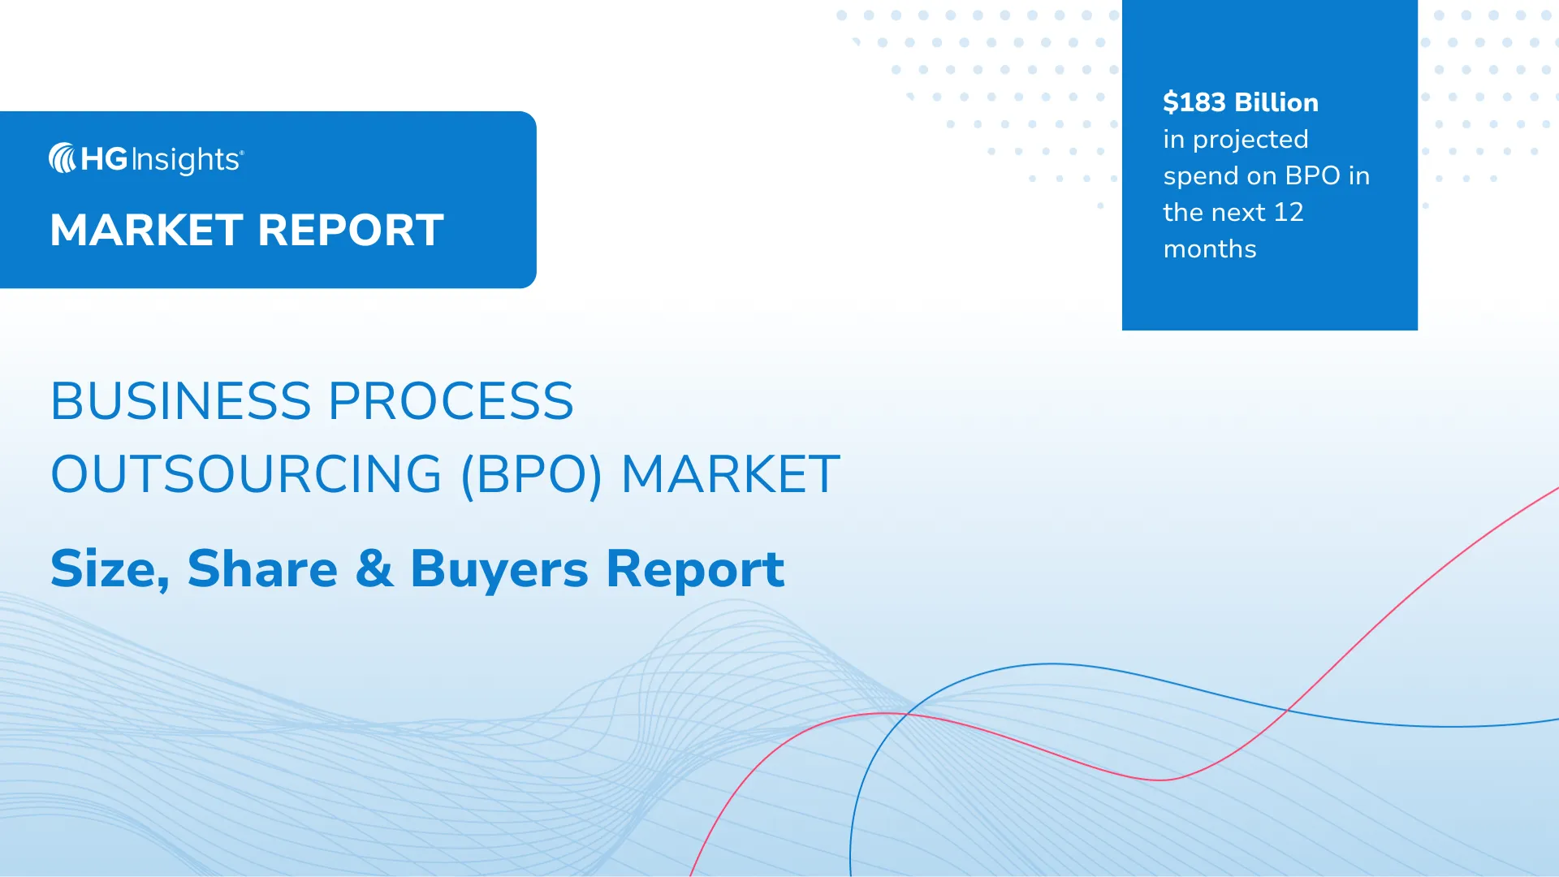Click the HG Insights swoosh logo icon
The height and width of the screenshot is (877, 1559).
click(63, 158)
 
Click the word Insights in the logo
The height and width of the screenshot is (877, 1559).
click(187, 160)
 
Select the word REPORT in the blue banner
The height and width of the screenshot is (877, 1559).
click(351, 230)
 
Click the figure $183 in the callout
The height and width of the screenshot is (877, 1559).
click(1194, 102)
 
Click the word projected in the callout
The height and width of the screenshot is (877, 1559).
click(1250, 140)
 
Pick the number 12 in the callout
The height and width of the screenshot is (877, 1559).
click(1289, 212)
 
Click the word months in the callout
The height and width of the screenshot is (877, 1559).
click(1210, 248)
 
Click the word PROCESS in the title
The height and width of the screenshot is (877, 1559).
click(451, 401)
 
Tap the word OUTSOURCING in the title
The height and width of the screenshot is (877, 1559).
click(247, 474)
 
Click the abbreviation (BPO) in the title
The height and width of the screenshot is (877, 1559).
click(532, 475)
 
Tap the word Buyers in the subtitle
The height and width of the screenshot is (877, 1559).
click(499, 569)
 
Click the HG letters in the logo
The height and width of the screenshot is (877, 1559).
click(105, 159)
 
